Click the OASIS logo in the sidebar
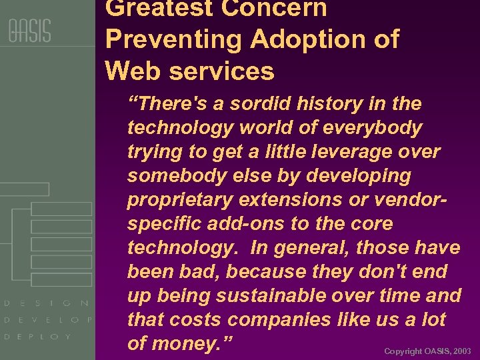pos(29,31)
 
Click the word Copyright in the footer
pos(403,351)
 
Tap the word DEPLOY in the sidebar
pos(37,337)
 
